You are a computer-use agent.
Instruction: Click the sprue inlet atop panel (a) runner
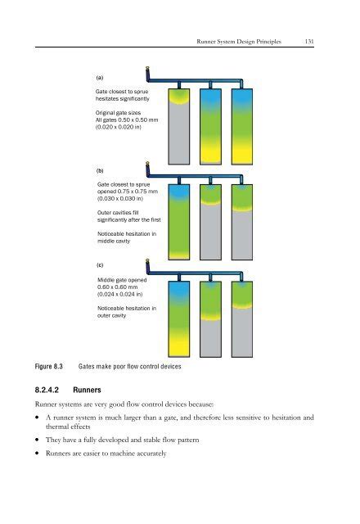coord(147,70)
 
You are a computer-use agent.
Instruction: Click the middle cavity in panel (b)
coord(211,219)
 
